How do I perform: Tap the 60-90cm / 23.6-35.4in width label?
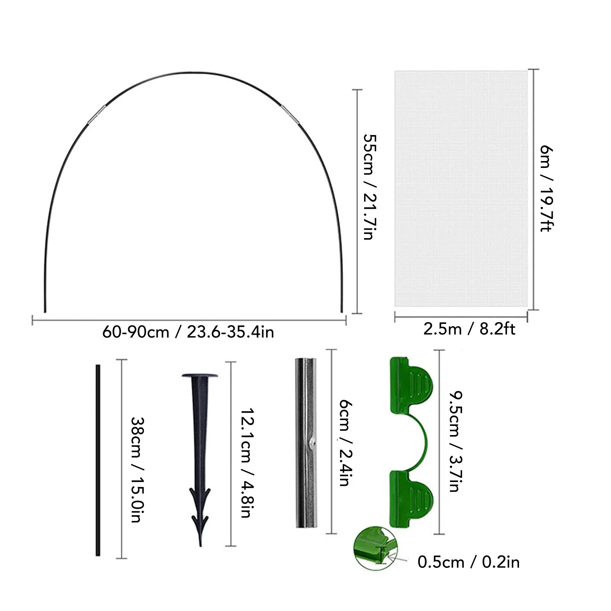[188, 332]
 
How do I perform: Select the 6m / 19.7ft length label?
[547, 189]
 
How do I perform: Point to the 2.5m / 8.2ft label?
[469, 329]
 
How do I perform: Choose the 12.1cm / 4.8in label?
[247, 463]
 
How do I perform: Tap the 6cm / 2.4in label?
[345, 443]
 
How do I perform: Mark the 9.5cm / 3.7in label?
[455, 441]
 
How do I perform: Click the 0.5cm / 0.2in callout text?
[468, 562]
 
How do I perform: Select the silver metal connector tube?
[306, 443]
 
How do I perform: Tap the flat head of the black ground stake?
[200, 376]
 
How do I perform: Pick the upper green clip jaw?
[411, 385]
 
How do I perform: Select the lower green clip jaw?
[411, 496]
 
